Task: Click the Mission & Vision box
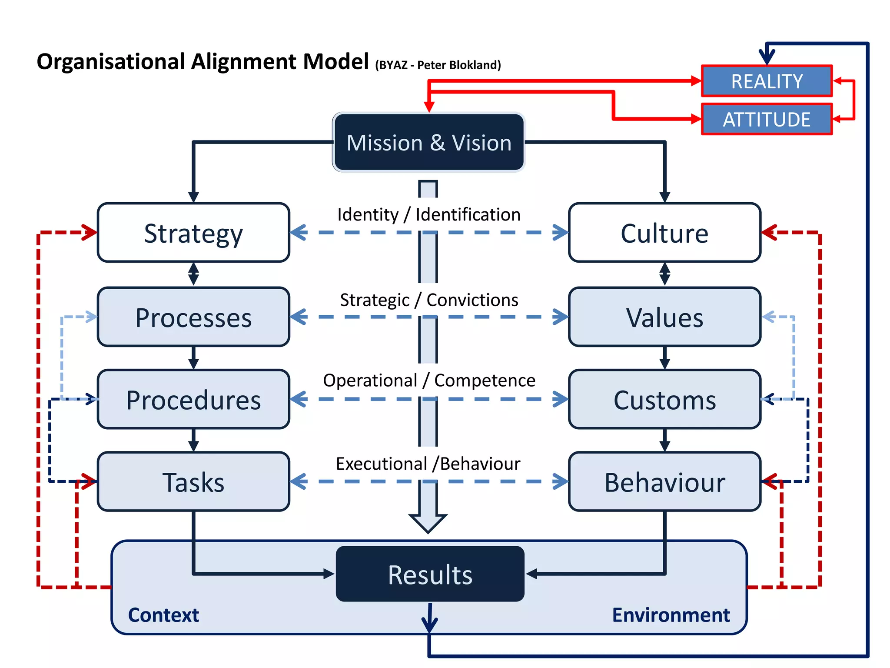point(428,143)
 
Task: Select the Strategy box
point(193,233)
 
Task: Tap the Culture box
point(664,233)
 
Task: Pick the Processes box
point(193,317)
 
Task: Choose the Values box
point(664,317)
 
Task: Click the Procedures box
point(193,399)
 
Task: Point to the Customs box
point(664,399)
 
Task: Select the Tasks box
point(193,481)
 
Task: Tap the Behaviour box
point(664,481)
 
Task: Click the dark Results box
point(430,574)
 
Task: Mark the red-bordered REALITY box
point(767,81)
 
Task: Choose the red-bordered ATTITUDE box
point(767,119)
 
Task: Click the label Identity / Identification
point(428,214)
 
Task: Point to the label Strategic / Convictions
point(428,300)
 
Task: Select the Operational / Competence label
point(428,380)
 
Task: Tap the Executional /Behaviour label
point(428,464)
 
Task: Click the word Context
point(163,615)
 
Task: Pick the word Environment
point(671,615)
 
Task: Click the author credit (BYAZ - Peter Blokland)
point(438,65)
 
